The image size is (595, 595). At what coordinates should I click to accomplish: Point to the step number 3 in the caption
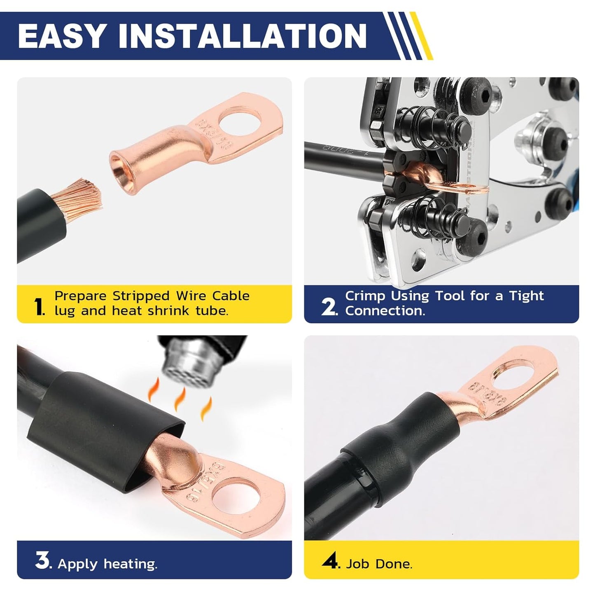tap(42, 562)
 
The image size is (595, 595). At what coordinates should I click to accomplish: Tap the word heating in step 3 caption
tap(130, 564)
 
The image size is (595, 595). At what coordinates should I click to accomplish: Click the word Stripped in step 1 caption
tap(141, 296)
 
